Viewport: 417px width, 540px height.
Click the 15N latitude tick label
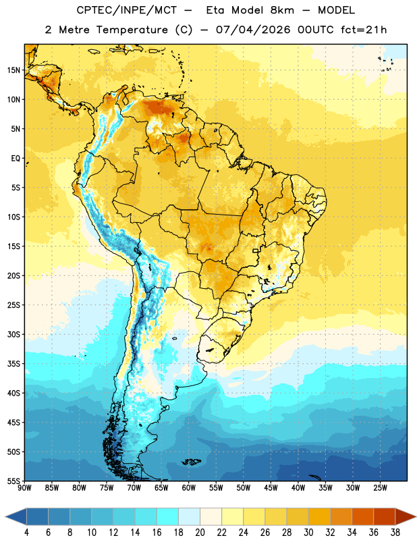tap(13, 70)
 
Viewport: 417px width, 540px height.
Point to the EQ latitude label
tap(16, 159)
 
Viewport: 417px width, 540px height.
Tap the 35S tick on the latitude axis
tap(13, 364)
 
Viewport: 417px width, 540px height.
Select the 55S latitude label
tap(13, 481)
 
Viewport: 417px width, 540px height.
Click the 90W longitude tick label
tap(25, 487)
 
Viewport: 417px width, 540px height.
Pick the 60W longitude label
tap(189, 487)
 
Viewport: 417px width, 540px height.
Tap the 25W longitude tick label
tap(380, 487)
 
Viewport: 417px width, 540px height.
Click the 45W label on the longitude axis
tap(271, 487)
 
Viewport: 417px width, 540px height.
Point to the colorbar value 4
tap(26, 533)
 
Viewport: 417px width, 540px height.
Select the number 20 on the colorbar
tap(200, 533)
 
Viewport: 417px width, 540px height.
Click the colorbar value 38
tap(395, 533)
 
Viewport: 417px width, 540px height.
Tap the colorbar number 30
tap(308, 533)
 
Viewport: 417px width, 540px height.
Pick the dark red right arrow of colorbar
tap(405, 516)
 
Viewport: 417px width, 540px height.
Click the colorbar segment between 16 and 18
tap(167, 516)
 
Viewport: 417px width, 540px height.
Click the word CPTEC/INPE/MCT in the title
tap(127, 10)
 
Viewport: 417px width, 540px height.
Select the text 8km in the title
tap(282, 10)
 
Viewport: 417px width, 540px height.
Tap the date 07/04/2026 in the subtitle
tap(253, 30)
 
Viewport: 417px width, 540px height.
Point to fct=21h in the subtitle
tap(364, 30)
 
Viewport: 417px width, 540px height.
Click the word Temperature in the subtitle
tap(132, 30)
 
